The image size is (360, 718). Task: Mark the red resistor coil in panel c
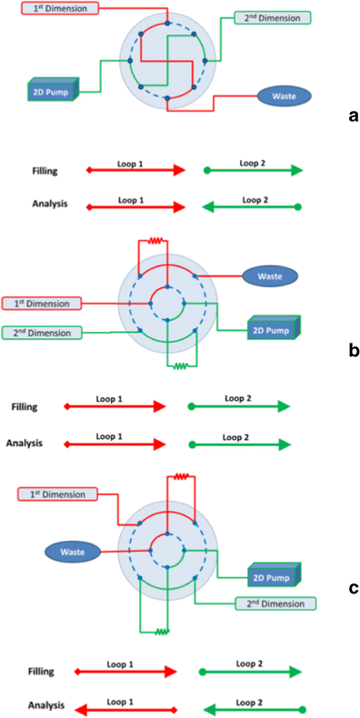click(x=182, y=475)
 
